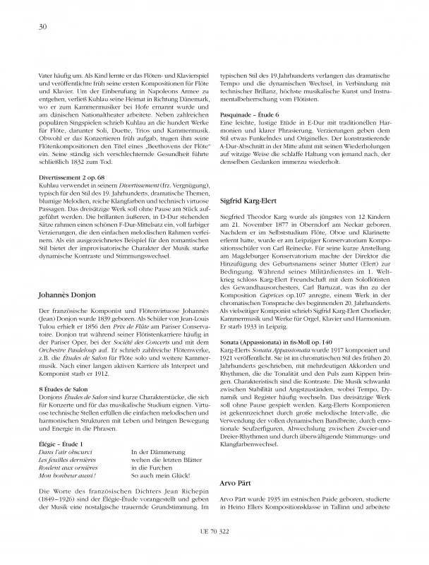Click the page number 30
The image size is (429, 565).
tap(34, 27)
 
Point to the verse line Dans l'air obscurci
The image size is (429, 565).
tap(61, 451)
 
